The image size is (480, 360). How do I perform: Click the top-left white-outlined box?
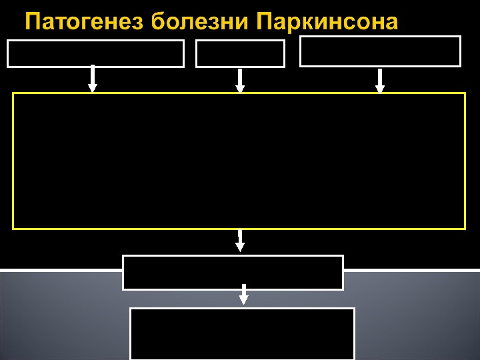coord(95,54)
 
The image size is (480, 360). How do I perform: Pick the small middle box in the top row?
coord(240,54)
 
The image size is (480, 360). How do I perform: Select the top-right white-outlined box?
coord(380,51)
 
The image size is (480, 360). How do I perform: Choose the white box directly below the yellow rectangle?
coord(233,273)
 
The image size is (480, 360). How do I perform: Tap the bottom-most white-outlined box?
coord(242,333)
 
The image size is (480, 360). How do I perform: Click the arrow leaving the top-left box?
coord(93,79)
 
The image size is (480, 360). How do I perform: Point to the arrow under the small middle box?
coord(240,81)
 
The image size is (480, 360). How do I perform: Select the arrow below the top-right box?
coord(380,81)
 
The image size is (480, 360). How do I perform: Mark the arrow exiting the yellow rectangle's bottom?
coord(240,241)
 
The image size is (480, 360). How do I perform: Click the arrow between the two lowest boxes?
coord(244,295)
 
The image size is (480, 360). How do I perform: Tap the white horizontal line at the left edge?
coord(60,270)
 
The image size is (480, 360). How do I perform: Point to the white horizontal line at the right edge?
coord(411,270)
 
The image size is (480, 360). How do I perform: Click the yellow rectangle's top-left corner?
coord(13,93)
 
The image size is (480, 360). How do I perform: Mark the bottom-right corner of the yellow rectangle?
coord(464,228)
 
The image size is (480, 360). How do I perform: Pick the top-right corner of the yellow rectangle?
coord(464,93)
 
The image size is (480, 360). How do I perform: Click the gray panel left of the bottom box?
coord(63,320)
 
